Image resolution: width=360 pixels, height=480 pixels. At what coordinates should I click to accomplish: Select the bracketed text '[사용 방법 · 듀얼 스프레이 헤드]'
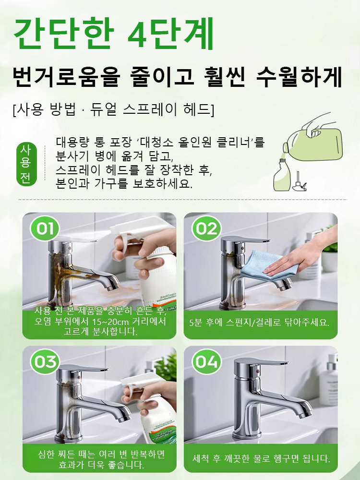click(113, 109)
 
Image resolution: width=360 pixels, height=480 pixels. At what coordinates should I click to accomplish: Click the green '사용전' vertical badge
click(24, 163)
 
